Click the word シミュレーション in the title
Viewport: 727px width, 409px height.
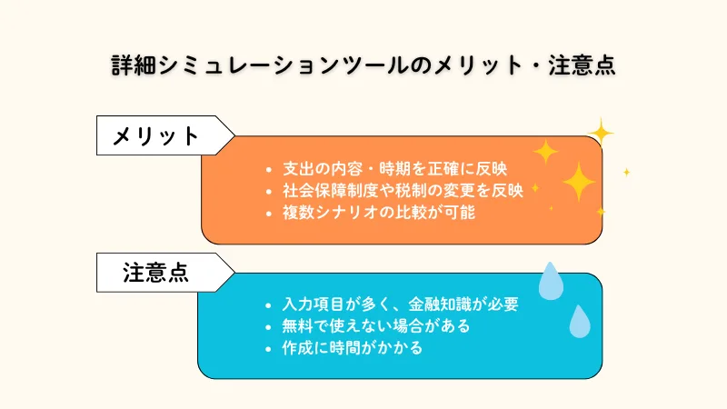pos(248,66)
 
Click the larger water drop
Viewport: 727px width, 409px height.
pos(551,282)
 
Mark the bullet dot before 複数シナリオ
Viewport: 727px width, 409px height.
pos(268,214)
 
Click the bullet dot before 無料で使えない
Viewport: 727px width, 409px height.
pos(268,326)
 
